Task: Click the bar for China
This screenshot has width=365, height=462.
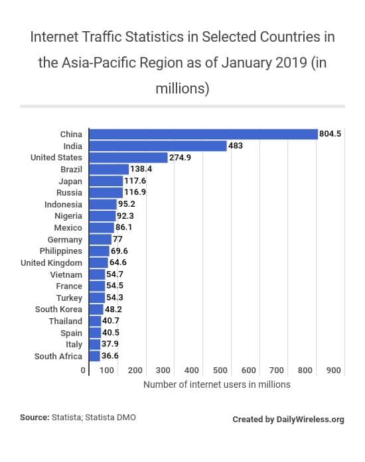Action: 203,134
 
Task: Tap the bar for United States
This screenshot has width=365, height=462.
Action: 128,158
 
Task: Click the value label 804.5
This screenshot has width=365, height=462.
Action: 330,134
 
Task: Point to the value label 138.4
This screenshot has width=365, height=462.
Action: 141,169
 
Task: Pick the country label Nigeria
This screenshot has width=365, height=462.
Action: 68,216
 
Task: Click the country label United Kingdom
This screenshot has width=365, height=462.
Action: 51,262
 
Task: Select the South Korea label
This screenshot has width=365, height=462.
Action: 58,310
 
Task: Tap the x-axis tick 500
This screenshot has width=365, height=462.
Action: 220,370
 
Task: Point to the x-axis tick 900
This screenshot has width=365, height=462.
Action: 334,370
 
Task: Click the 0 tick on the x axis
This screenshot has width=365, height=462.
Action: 83,370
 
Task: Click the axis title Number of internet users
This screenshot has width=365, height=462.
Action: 216,384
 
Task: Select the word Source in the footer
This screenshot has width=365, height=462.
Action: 34,418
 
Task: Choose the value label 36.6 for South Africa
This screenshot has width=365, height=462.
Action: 110,356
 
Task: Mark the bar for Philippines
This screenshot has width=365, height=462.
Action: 99,251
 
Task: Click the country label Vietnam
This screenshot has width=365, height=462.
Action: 66,274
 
